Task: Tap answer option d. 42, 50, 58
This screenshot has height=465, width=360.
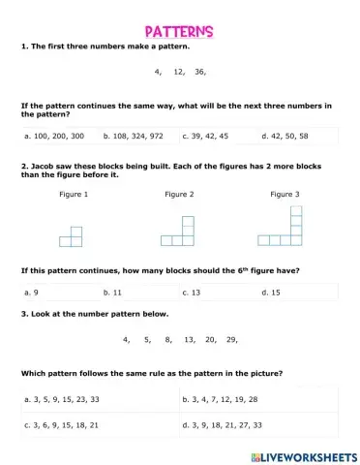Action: (286, 136)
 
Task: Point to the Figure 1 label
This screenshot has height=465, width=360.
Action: (74, 195)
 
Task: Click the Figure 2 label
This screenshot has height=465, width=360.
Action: (179, 195)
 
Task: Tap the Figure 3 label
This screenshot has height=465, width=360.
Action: (284, 195)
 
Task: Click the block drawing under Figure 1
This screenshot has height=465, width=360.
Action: (71, 236)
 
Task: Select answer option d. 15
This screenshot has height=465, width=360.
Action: (272, 291)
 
